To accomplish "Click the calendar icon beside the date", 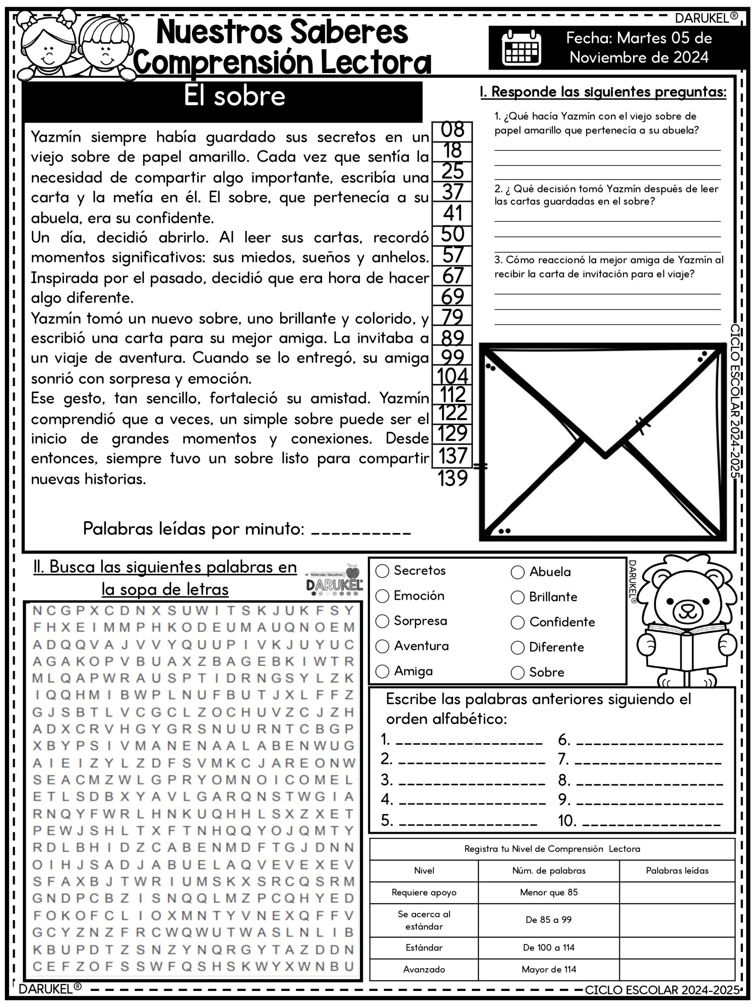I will (x=521, y=47).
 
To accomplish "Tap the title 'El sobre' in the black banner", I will (x=234, y=96).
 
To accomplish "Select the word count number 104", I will (x=452, y=376).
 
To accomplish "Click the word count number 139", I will (x=452, y=479).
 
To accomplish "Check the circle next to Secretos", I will (x=382, y=571).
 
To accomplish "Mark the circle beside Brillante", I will (x=518, y=598).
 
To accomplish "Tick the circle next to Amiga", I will (x=382, y=672).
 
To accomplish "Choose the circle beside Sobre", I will (x=518, y=672).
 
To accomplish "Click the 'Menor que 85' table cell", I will (x=549, y=892).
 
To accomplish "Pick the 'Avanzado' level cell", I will (x=424, y=969).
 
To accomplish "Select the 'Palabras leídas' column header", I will (x=677, y=870).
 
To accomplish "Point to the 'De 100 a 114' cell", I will (x=549, y=947).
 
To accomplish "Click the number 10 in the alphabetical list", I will (x=567, y=820).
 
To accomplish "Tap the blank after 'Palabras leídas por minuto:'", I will (x=361, y=530).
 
